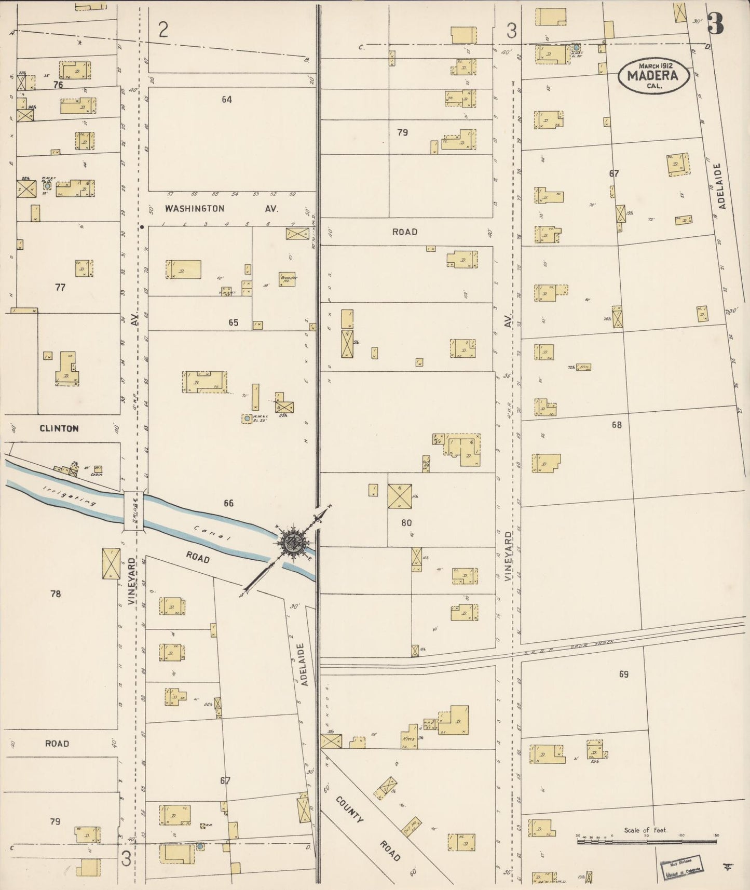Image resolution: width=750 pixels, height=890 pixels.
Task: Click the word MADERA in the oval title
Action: click(652, 75)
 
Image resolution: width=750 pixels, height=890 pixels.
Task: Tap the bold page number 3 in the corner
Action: click(717, 23)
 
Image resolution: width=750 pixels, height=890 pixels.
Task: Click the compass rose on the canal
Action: click(294, 544)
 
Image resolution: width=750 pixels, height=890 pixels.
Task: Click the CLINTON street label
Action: click(59, 428)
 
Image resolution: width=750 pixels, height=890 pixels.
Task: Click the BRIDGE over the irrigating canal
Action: click(134, 511)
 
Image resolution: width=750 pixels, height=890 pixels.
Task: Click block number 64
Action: click(227, 99)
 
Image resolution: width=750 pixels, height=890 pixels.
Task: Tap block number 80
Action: click(406, 523)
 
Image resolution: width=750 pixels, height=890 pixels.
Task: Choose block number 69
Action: click(623, 674)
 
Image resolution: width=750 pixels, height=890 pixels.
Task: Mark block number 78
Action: click(56, 594)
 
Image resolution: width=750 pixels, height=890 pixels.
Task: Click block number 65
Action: click(233, 322)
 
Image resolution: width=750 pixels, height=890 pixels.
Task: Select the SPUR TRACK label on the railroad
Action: click(596, 644)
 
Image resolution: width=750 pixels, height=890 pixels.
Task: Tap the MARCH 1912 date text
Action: click(652, 65)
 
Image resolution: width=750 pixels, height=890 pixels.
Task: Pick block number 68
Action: click(616, 425)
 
